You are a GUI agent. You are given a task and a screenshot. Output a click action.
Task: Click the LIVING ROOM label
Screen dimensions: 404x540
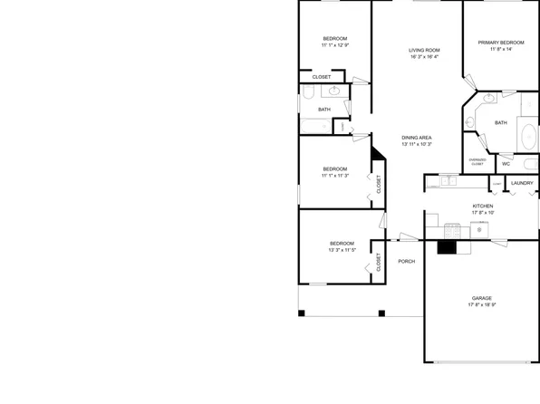click(424, 50)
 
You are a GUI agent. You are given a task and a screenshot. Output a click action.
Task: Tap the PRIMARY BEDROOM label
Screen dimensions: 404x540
click(501, 43)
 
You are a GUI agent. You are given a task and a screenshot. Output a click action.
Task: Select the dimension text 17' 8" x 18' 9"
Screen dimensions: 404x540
click(481, 305)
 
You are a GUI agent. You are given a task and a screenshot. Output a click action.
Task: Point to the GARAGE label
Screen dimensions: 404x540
click(481, 298)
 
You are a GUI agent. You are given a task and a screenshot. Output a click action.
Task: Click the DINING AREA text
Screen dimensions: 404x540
click(417, 138)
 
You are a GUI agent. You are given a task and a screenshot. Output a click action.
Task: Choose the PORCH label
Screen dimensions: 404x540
click(407, 262)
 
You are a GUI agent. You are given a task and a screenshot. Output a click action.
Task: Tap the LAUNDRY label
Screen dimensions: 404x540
click(522, 184)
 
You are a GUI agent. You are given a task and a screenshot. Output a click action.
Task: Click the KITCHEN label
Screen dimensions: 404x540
click(483, 206)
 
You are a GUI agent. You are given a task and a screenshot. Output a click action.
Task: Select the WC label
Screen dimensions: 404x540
click(506, 164)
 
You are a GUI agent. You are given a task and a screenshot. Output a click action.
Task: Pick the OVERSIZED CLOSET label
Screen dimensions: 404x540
click(477, 162)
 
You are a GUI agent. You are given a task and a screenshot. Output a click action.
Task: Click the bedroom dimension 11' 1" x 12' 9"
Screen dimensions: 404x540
click(334, 44)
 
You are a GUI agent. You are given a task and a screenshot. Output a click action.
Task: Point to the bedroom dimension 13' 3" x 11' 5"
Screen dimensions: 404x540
click(342, 250)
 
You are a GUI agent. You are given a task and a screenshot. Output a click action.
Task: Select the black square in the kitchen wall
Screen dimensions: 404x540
click(446, 245)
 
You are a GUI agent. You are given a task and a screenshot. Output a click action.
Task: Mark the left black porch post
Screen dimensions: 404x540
click(303, 313)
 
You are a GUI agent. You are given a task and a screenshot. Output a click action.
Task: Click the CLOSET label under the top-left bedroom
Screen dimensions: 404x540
click(322, 77)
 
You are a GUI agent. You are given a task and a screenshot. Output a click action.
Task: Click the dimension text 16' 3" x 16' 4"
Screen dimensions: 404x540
click(424, 57)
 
